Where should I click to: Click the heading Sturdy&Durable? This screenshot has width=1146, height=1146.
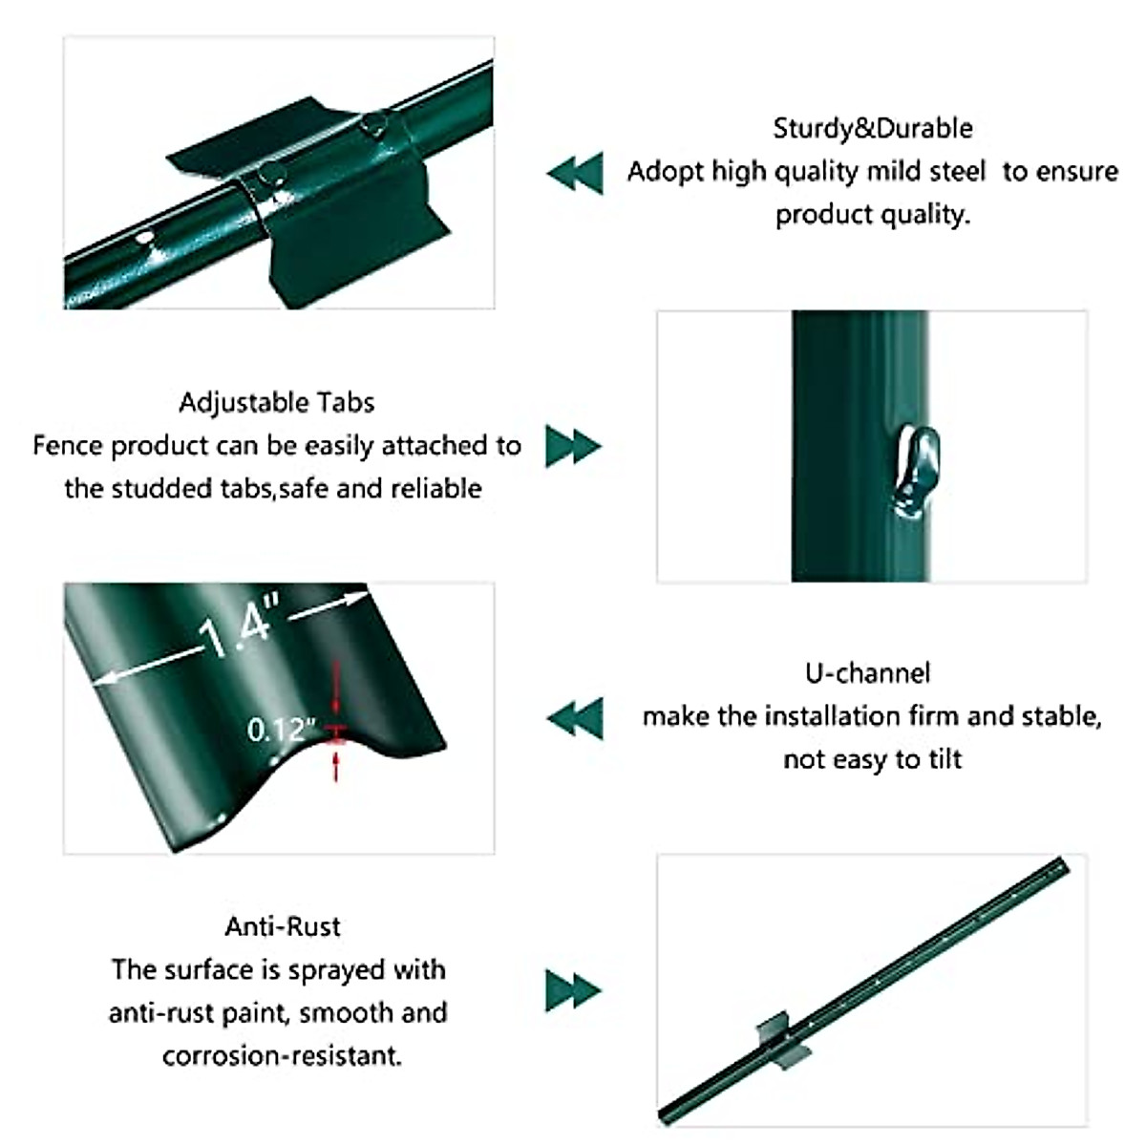pyautogui.click(x=872, y=128)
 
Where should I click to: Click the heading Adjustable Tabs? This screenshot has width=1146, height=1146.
pyautogui.click(x=277, y=402)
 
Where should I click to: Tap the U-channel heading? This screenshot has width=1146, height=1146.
pyautogui.click(x=867, y=673)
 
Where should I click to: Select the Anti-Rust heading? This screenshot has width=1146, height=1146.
pyautogui.click(x=283, y=926)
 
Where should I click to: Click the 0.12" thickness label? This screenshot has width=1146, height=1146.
pyautogui.click(x=279, y=730)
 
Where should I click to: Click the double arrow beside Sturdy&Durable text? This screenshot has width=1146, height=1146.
pyautogui.click(x=575, y=173)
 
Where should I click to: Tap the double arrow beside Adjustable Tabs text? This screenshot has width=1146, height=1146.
pyautogui.click(x=573, y=446)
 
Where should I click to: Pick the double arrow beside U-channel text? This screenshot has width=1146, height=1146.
pyautogui.click(x=575, y=717)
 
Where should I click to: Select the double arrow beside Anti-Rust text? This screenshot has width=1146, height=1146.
pyautogui.click(x=573, y=990)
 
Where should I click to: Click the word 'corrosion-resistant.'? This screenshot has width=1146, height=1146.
pyautogui.click(x=283, y=1056)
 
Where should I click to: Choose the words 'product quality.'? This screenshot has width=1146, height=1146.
pyautogui.click(x=872, y=215)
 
